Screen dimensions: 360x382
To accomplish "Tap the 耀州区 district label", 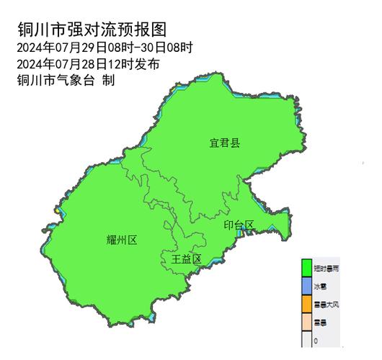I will (x=121, y=239).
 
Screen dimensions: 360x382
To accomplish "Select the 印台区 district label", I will (x=239, y=225).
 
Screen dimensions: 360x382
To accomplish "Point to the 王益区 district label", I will (x=185, y=258).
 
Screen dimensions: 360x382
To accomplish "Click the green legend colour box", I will (x=306, y=268).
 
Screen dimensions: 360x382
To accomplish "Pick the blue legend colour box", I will (x=306, y=286).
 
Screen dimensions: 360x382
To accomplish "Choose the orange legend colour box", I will (x=306, y=305).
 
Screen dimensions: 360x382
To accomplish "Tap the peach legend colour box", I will (x=306, y=323).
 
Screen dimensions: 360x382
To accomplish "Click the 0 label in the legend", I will (x=316, y=342).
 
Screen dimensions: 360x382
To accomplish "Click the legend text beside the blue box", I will (x=320, y=287).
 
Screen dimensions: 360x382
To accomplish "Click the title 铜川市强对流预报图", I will (x=91, y=30).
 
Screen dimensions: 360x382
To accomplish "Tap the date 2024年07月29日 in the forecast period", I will (x=61, y=48).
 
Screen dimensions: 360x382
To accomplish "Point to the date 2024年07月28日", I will (x=61, y=64).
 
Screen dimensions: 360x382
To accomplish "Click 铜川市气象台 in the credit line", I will (x=55, y=80).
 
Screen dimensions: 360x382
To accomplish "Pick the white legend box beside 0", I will (x=306, y=341).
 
